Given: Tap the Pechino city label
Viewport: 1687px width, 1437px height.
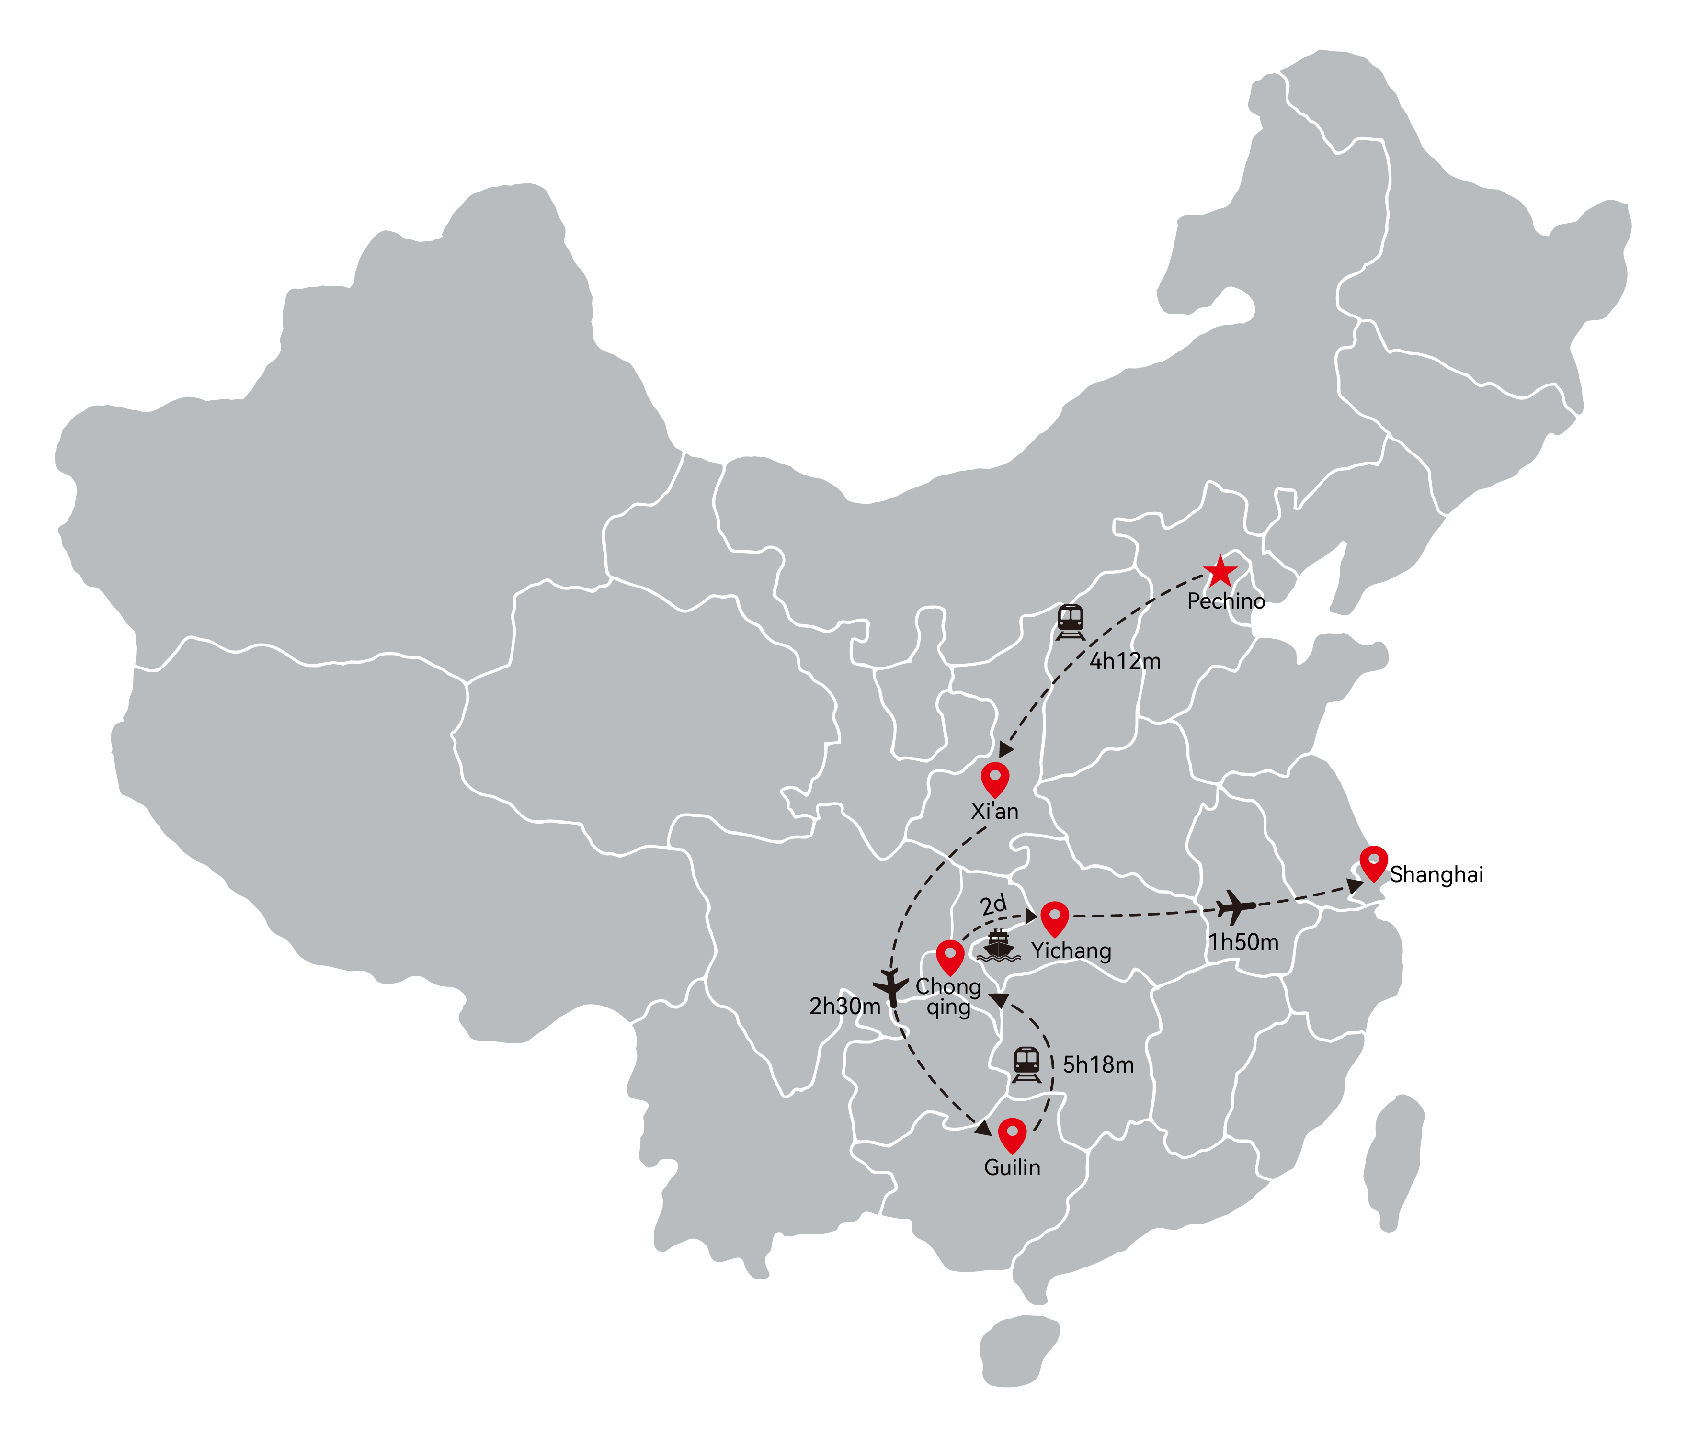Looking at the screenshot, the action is (x=1226, y=602).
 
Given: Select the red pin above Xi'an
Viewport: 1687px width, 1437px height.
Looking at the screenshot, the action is (x=995, y=779).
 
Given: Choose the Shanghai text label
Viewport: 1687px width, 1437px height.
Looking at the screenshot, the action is (x=1436, y=875).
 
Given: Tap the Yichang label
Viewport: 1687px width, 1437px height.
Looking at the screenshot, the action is (x=1071, y=951).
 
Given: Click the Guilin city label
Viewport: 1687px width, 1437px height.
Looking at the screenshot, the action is (x=1012, y=1167).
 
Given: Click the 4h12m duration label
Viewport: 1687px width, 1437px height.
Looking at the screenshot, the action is (x=1125, y=661).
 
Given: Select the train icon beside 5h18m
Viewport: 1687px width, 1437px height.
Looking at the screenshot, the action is (x=1026, y=1064).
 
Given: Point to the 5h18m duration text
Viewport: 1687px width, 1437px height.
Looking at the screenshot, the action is (x=1098, y=1065).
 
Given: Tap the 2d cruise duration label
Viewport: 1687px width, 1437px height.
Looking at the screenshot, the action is (x=993, y=905).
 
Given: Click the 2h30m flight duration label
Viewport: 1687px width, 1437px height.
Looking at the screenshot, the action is (x=845, y=1007).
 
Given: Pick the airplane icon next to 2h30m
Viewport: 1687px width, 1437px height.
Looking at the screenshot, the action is (x=891, y=987).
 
